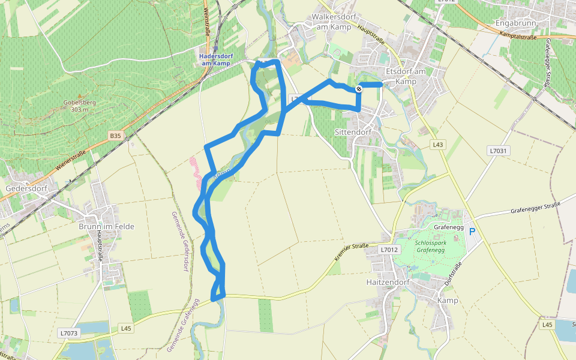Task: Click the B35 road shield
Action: [x=115, y=136]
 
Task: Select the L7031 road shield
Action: [x=499, y=151]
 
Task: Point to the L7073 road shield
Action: [x=69, y=332]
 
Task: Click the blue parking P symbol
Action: [x=472, y=231]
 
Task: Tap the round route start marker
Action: [x=359, y=89]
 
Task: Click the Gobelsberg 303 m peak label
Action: [x=79, y=106]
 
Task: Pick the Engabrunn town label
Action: [x=515, y=23]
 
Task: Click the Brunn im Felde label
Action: [x=106, y=226]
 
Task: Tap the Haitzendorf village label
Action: [x=388, y=281]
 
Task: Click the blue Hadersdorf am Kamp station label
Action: [x=215, y=59]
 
